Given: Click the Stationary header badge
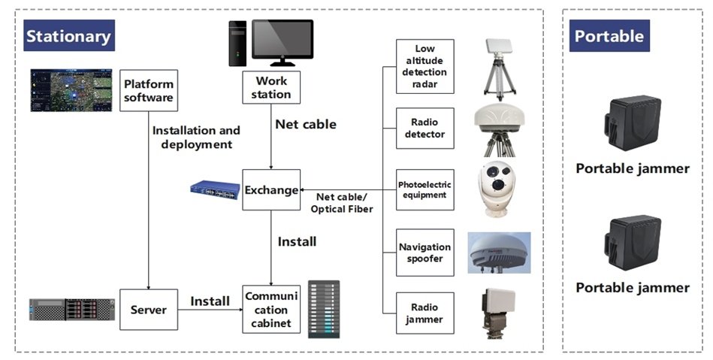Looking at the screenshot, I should click(x=68, y=36).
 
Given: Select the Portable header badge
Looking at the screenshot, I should click(x=609, y=36).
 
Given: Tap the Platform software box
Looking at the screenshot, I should click(x=149, y=90).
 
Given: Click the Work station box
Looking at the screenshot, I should click(x=271, y=87).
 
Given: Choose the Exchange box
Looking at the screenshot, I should click(x=271, y=190).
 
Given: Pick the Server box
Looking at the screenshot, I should click(x=149, y=309).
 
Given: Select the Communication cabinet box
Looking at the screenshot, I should click(x=270, y=309).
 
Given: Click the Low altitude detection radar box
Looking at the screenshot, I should click(x=425, y=66).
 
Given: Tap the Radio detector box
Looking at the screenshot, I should click(x=425, y=129).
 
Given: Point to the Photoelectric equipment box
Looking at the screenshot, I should click(x=425, y=190).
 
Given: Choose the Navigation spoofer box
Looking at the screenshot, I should click(x=425, y=253).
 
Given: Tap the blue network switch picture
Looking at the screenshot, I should click(x=215, y=189).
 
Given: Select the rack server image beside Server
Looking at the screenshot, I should click(x=72, y=309).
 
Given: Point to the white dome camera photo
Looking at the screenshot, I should click(x=498, y=188).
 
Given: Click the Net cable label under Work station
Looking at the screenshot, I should click(x=306, y=124).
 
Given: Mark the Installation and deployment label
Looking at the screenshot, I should click(x=196, y=137).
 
